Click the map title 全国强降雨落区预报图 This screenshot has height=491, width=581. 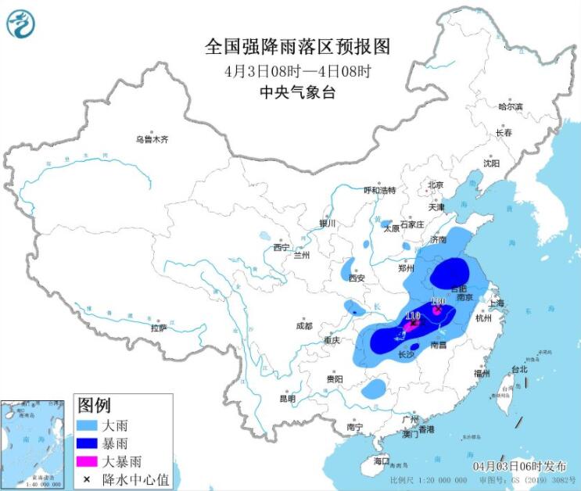(297, 47)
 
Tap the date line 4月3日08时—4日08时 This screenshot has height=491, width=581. (297, 70)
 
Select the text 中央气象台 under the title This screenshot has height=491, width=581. (297, 91)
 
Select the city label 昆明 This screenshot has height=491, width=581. (287, 399)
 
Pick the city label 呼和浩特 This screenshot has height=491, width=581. (380, 190)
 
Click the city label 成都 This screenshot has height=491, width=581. (304, 326)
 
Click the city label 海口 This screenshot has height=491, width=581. (382, 461)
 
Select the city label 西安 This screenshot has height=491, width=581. (357, 278)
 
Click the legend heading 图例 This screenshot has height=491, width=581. (95, 405)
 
